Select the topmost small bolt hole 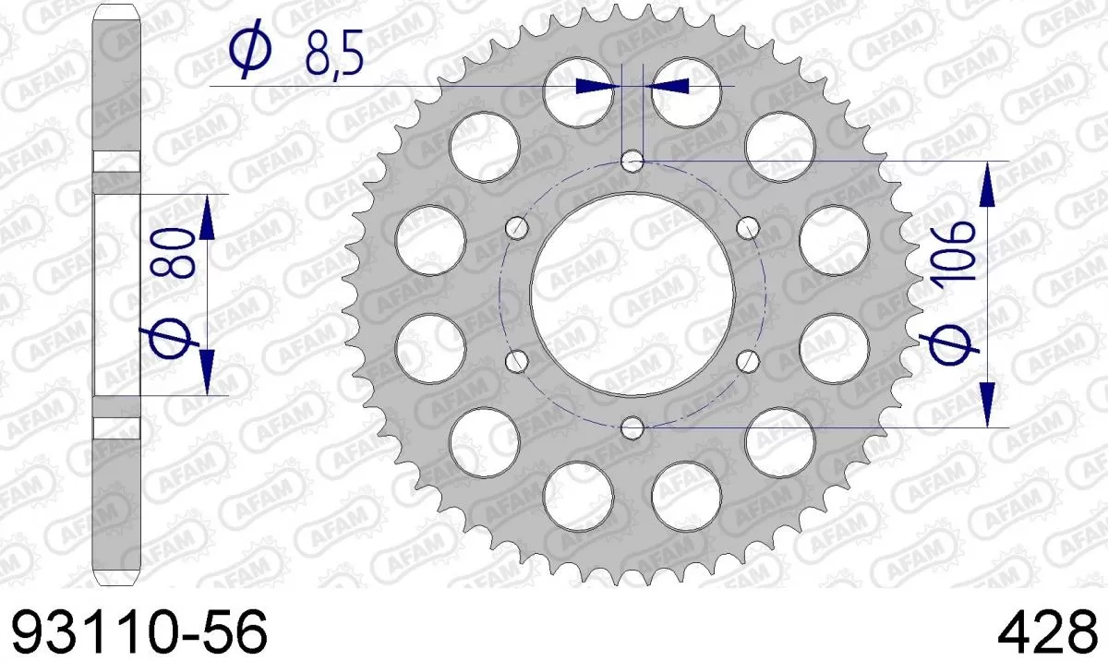point(632,162)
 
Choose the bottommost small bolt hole point(632,427)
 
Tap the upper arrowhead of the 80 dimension point(206,217)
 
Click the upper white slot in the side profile point(115,162)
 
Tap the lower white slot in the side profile point(115,427)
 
